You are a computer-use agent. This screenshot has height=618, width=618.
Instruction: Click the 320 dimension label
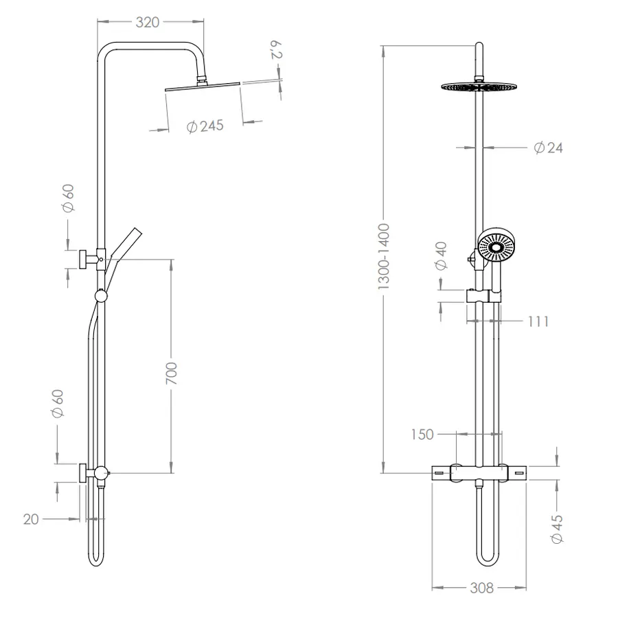coord(148,23)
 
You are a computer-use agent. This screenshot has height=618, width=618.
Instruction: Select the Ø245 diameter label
coord(205,126)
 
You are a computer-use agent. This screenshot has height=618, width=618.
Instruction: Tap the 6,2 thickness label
coord(276,49)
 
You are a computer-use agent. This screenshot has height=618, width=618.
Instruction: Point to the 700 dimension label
coord(172,373)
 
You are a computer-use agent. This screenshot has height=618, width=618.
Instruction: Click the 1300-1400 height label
coord(383,257)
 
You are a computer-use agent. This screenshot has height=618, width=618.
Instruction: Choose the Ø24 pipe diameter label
coord(548,148)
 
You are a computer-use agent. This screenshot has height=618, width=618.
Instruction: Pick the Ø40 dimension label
coord(442,256)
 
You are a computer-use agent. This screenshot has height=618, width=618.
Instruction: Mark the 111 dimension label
coord(538,321)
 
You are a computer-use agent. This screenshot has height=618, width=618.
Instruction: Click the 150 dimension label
coord(422,435)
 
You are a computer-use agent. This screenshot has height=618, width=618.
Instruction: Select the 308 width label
coord(481,588)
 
